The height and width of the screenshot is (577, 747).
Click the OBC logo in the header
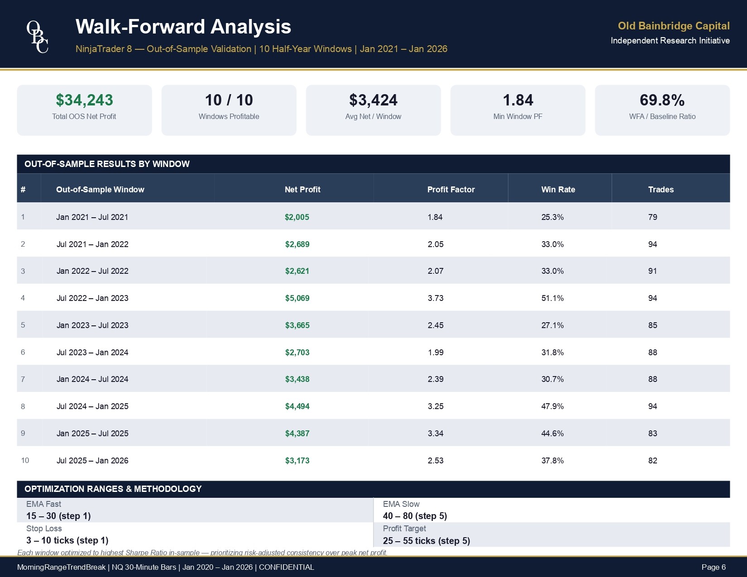38,36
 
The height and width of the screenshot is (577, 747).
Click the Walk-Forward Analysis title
183,27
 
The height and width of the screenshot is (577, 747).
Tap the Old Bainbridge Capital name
673,26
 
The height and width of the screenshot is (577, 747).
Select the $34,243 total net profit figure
84,100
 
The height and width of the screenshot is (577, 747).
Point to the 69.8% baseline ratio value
662,100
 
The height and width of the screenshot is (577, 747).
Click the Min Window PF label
517,116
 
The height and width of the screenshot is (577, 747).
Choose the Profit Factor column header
451,190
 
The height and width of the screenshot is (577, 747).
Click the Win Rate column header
558,190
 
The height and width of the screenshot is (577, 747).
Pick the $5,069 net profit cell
297,298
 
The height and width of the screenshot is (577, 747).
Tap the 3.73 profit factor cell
436,298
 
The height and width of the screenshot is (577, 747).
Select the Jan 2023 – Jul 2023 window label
92,325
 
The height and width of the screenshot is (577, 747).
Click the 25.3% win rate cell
552,217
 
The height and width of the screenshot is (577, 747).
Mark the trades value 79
652,217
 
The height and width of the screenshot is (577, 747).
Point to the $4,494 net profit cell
297,406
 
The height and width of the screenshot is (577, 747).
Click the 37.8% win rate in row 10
552,461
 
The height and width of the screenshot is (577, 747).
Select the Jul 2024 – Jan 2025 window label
92,406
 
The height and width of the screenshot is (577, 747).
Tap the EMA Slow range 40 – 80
415,516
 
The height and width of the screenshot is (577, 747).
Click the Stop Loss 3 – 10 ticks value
67,540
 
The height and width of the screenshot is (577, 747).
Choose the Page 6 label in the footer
713,567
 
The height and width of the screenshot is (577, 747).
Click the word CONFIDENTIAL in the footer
286,567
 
